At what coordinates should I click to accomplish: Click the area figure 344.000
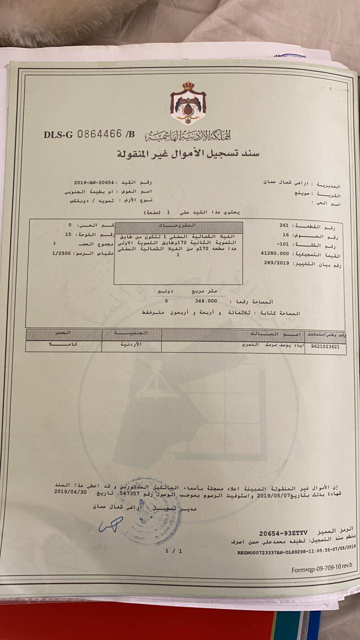pyautogui.click(x=206, y=301)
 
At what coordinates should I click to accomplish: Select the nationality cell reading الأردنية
pyautogui.click(x=131, y=345)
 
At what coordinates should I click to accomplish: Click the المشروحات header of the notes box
pyautogui.click(x=178, y=225)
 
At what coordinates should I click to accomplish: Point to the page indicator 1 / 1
pyautogui.click(x=171, y=550)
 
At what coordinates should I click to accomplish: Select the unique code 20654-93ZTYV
pyautogui.click(x=283, y=533)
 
